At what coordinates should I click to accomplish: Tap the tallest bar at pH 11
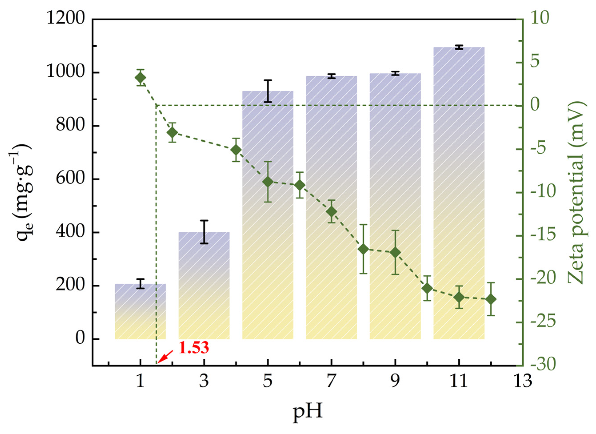click(459, 193)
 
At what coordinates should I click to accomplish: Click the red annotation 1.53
click(194, 348)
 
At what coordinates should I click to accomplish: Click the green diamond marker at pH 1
click(140, 78)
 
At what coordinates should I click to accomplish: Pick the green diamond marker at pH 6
click(299, 185)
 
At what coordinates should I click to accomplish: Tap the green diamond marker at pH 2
click(172, 132)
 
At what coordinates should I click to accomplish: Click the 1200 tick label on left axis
click(66, 19)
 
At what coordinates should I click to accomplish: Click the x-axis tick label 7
click(331, 381)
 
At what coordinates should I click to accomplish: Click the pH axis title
click(307, 411)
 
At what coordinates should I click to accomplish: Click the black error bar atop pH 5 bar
click(268, 91)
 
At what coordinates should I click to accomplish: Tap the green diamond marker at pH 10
click(427, 288)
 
